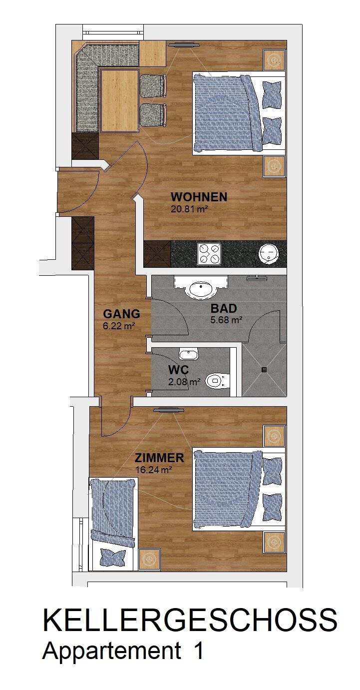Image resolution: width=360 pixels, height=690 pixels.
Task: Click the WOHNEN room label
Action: tap(199, 197)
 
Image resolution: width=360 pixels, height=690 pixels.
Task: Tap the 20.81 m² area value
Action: tap(188, 210)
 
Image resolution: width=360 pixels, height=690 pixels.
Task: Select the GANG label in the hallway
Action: tap(121, 314)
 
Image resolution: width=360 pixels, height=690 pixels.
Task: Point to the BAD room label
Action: tap(224, 308)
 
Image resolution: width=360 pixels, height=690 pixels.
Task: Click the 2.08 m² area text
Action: tap(185, 382)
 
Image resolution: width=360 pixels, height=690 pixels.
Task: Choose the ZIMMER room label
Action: tap(159, 458)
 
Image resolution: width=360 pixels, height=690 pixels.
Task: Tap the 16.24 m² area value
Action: tap(153, 470)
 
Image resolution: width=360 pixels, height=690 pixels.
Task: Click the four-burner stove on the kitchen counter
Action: tap(209, 254)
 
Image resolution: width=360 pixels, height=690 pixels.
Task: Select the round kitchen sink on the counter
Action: tap(269, 254)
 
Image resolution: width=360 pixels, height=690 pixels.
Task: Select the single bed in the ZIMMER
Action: tap(112, 525)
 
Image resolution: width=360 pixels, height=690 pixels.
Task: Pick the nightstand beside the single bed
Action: tap(149, 559)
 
